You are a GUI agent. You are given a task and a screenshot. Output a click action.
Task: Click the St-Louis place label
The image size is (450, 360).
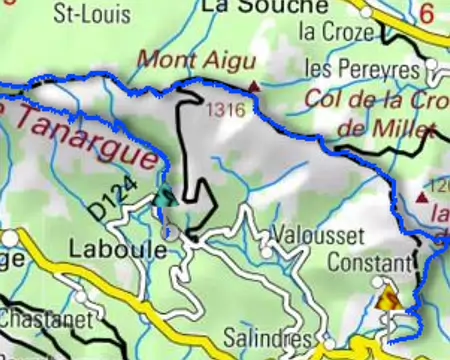pyautogui.click(x=85, y=13)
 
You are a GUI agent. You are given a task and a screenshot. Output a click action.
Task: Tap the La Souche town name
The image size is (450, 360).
pyautogui.click(x=250, y=7)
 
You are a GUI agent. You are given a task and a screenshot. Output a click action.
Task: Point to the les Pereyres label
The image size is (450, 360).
pyautogui.click(x=361, y=70)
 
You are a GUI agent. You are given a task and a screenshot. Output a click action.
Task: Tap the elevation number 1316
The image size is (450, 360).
pyautogui.click(x=228, y=110)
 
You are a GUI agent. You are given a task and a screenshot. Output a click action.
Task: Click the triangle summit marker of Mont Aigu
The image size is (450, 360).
pyautogui.click(x=254, y=87)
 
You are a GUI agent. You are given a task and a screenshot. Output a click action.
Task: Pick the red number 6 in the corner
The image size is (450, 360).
pyautogui.click(x=428, y=14)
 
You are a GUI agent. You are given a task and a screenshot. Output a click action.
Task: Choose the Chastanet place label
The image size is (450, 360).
pyautogui.click(x=46, y=320)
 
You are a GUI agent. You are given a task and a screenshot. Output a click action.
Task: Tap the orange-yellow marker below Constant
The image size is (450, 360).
pyautogui.click(x=388, y=297)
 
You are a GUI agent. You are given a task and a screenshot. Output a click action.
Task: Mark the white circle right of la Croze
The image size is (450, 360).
pyautogui.click(x=367, y=13)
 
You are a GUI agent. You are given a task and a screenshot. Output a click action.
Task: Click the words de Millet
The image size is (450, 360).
pyautogui.click(x=387, y=128)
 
